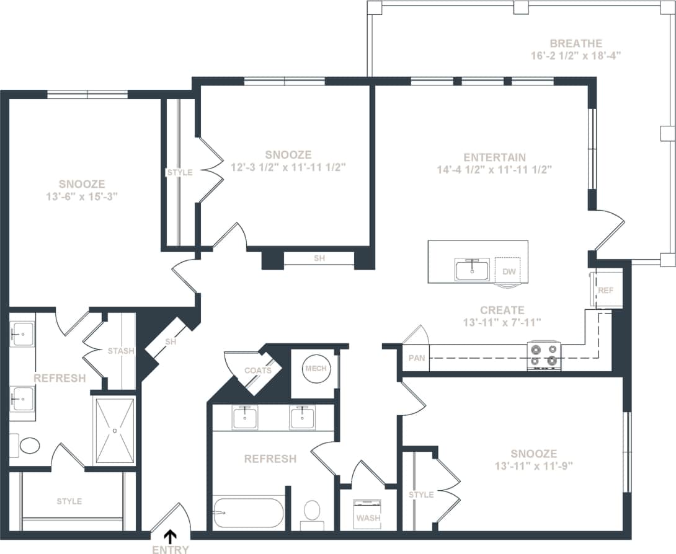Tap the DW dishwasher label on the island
tap(509, 271)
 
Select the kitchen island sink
tap(471, 270)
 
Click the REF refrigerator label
tap(605, 290)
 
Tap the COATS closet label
tap(257, 371)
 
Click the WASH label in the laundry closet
tap(368, 518)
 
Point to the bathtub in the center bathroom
tap(247, 512)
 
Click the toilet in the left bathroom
tap(28, 446)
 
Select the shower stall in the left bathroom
tap(114, 429)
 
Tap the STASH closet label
tap(121, 351)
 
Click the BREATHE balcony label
tap(576, 43)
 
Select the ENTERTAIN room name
tap(494, 157)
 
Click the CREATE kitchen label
tap(502, 310)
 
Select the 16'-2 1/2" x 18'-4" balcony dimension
tap(576, 55)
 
